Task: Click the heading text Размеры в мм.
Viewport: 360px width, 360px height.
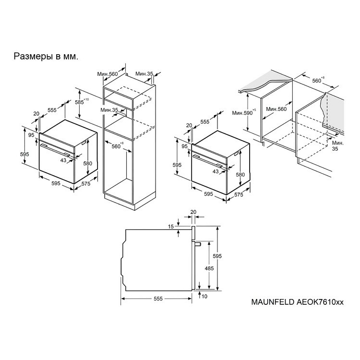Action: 46,56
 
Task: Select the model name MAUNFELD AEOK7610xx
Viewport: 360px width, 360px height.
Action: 297,302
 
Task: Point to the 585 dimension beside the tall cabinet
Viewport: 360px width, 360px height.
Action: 82,102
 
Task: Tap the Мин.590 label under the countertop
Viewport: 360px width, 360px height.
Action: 244,112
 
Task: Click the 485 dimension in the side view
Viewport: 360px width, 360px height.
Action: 209,268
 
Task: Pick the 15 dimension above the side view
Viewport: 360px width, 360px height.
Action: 171,227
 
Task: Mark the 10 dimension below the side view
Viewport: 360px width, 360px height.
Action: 204,297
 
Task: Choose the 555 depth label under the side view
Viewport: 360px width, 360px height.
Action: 158,299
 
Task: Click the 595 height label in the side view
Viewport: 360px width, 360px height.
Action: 217,256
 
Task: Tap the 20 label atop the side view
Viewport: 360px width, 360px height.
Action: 193,212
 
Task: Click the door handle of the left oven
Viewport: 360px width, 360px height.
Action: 55,150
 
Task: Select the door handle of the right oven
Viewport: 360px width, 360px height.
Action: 208,161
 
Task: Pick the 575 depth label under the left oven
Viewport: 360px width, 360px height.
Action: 86,183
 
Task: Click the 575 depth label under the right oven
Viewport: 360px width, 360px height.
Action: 239,194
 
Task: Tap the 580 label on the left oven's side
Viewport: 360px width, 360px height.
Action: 88,163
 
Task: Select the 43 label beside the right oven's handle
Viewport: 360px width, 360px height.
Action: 216,171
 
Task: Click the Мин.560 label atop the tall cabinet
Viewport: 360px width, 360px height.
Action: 108,74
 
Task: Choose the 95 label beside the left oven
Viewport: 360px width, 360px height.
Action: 31,135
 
